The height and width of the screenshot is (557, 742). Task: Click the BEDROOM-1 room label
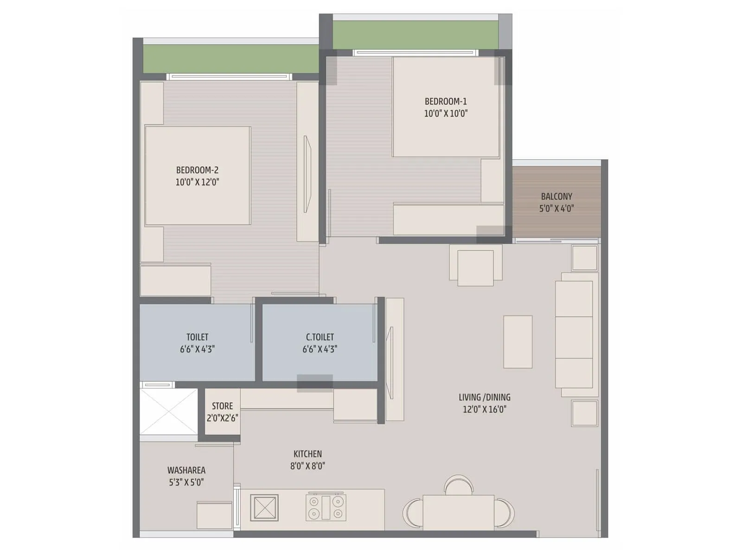click(x=446, y=101)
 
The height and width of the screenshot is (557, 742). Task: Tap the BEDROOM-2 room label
click(x=197, y=170)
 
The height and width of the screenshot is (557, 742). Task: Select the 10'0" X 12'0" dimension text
click(x=197, y=182)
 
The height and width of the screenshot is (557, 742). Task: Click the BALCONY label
click(x=556, y=196)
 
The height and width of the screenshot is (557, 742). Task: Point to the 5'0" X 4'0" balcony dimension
click(x=556, y=208)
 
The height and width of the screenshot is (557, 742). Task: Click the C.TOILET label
click(x=320, y=337)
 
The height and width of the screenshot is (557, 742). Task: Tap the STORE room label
click(x=222, y=406)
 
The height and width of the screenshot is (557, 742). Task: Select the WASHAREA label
click(x=186, y=470)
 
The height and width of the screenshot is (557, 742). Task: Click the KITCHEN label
click(x=307, y=454)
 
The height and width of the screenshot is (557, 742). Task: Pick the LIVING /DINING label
click(x=485, y=397)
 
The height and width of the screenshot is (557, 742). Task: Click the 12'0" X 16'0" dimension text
click(x=485, y=409)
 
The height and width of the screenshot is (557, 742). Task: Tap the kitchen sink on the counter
click(x=264, y=507)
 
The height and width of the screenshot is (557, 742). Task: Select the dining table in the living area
click(x=458, y=512)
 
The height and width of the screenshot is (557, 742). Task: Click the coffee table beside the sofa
click(x=518, y=342)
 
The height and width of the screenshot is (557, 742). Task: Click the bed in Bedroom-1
click(x=445, y=107)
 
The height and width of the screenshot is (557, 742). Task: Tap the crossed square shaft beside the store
click(x=169, y=411)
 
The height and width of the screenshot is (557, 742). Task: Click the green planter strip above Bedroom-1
click(x=416, y=35)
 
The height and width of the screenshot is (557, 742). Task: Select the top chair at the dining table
click(x=458, y=485)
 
